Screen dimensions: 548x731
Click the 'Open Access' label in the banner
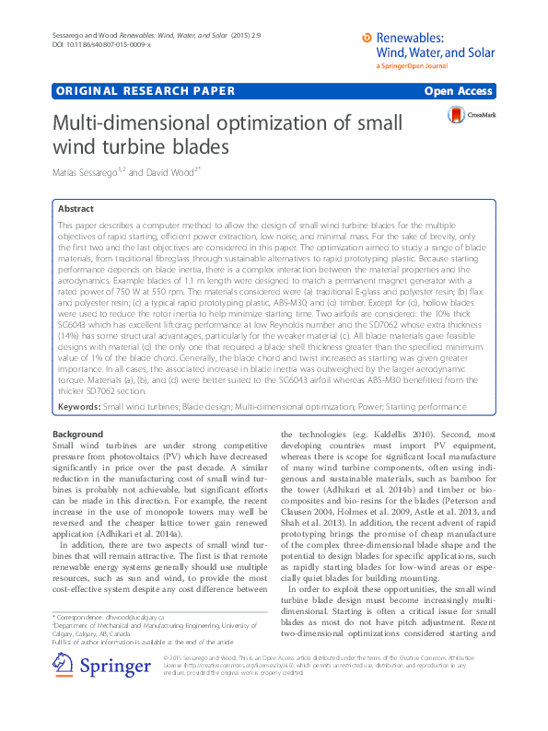pyautogui.click(x=458, y=91)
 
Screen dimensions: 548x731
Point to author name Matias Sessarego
pyautogui.click(x=82, y=172)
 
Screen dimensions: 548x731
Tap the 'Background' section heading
pyautogui.click(x=76, y=433)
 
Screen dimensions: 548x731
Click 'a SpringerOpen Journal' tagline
pyautogui.click(x=414, y=67)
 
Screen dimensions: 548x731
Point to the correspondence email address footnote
pyautogui.click(x=131, y=616)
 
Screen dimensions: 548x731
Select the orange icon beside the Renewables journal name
pyautogui.click(x=368, y=37)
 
